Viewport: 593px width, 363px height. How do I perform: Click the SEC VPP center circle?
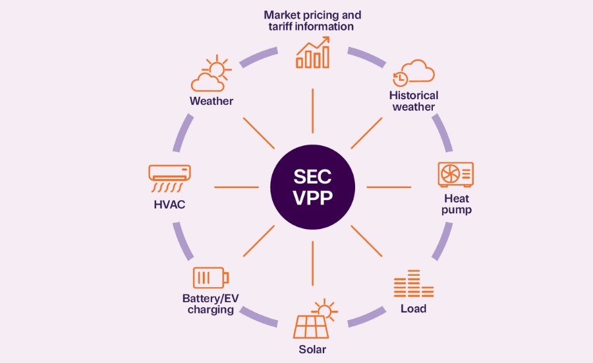click(312, 187)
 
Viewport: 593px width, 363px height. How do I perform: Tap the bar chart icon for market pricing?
click(313, 52)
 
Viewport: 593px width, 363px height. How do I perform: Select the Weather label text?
click(211, 101)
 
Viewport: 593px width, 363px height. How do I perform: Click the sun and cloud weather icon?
click(211, 73)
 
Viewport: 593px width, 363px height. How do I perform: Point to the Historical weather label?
click(414, 101)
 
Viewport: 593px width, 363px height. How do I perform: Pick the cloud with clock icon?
click(413, 73)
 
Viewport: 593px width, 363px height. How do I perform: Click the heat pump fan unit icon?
click(456, 175)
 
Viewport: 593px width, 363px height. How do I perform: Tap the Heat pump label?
click(457, 204)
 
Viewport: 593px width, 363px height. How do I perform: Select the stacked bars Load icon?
click(414, 283)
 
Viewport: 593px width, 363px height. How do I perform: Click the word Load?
click(413, 309)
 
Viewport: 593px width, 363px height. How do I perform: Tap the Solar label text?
click(312, 349)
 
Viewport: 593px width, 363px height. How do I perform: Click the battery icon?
click(211, 278)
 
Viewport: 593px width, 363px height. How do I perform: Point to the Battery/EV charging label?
click(211, 304)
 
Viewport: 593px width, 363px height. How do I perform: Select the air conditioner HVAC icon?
click(169, 178)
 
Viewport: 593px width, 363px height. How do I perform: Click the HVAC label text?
click(169, 205)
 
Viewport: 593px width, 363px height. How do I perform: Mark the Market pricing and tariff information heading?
click(312, 21)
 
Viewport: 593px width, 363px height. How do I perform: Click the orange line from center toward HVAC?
click(237, 187)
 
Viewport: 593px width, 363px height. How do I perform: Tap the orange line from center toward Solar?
click(313, 263)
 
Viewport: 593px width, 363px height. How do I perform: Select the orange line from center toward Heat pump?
click(389, 187)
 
